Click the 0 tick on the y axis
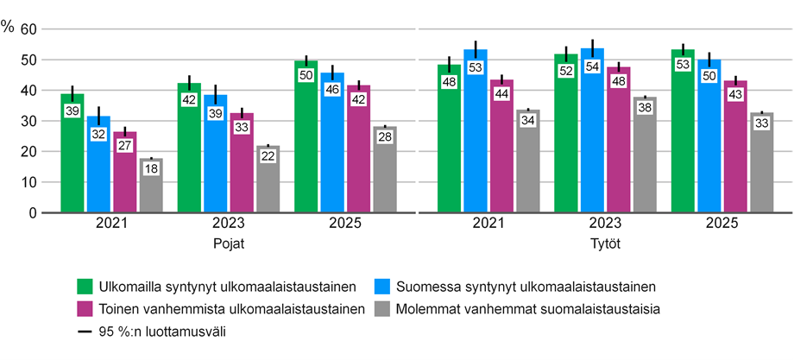[x=33, y=212]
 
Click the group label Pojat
[x=229, y=243]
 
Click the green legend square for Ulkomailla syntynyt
[x=85, y=286]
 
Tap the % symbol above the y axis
[x=8, y=26]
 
